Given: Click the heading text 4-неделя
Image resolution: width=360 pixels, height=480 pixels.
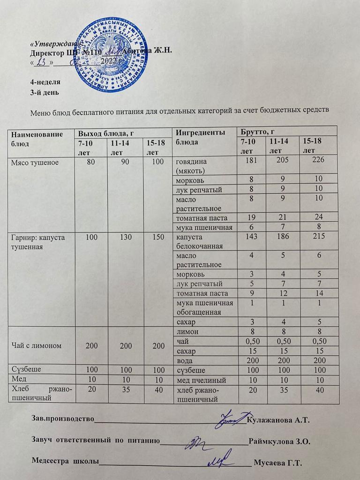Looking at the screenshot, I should point(45,82).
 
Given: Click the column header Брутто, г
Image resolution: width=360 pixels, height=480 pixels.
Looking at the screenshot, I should point(256,131).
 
